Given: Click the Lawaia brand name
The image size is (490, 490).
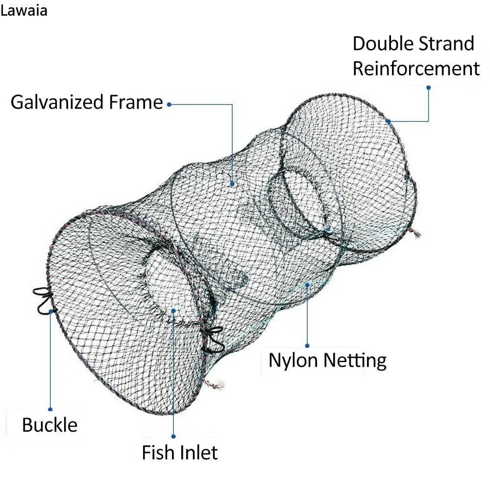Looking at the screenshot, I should pos(24,11).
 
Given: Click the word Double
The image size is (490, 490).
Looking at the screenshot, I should pos(380,44).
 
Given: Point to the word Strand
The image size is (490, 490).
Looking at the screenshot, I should pos(446,44).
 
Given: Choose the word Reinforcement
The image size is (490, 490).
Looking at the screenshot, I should pos(416,69).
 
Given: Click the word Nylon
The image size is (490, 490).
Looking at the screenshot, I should pos(293,361).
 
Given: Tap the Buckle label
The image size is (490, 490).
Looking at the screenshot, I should pos(50,425).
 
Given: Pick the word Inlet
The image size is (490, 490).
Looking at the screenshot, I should pos(198,452).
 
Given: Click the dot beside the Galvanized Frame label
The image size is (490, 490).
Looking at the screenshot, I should pos(169,104).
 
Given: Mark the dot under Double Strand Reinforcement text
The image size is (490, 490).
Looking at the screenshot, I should pos(428,88).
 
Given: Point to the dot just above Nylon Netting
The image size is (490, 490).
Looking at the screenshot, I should pos(307,345).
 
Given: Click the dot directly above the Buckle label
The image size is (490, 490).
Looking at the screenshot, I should pos(50,409).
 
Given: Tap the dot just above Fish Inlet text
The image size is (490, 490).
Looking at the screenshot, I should pos(173,436).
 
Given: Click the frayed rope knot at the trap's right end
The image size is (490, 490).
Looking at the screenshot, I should pos(416,234).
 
